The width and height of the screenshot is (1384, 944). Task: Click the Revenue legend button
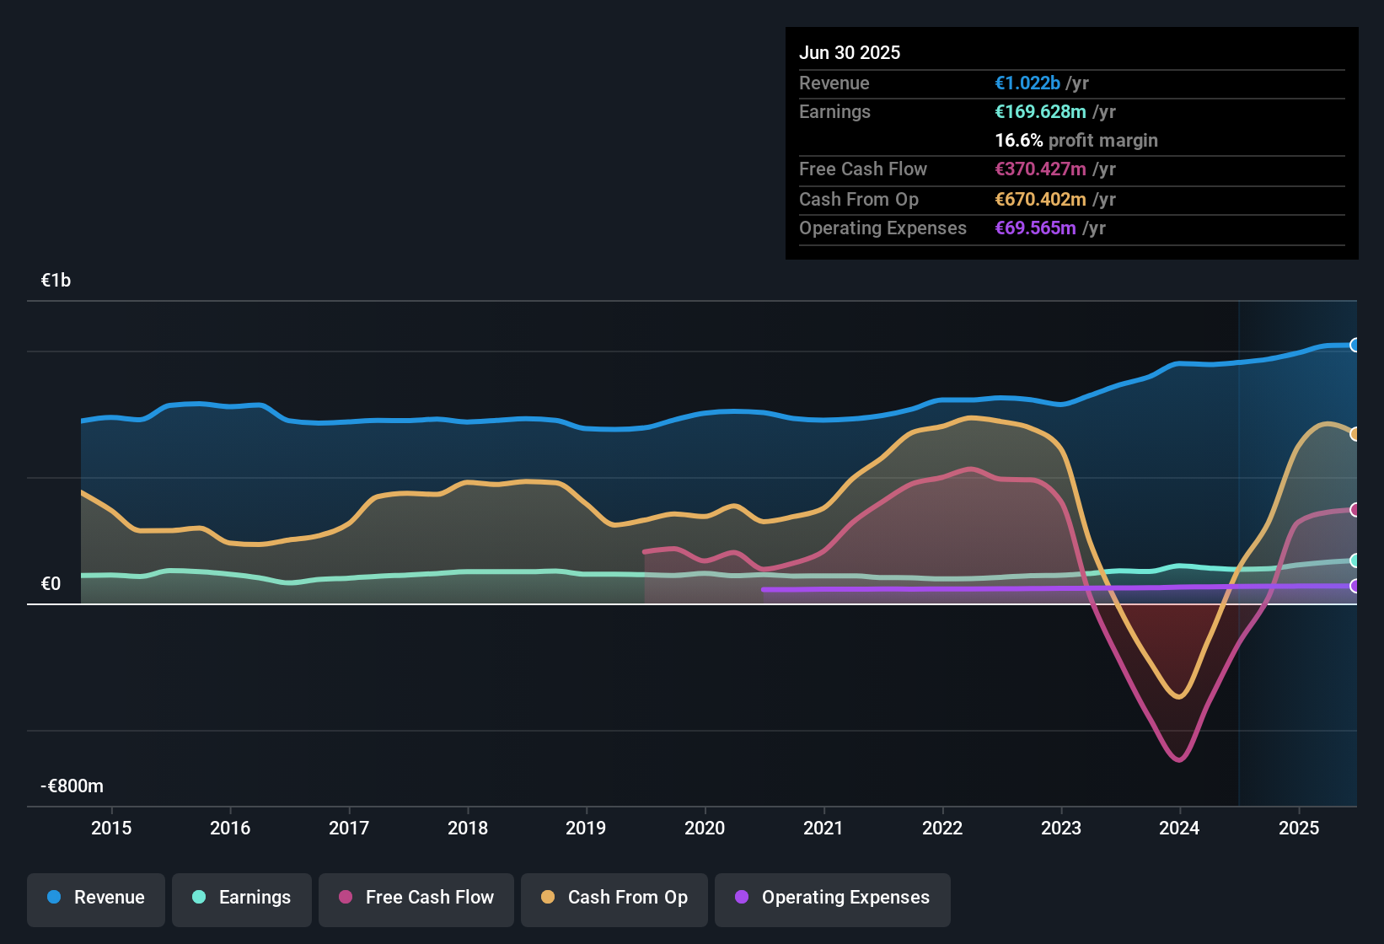coord(96,898)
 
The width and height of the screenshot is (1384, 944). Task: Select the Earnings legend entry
coord(242,898)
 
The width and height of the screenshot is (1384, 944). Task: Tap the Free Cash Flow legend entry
coord(416,898)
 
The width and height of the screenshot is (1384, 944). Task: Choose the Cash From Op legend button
coord(614,898)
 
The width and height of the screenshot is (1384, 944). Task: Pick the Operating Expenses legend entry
coord(833,898)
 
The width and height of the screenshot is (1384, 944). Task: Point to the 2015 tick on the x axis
coord(111,828)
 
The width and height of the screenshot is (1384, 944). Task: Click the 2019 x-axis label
coord(586,828)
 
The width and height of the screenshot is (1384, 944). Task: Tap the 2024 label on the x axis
coord(1179,828)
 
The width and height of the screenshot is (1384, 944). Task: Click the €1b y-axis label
coord(56,281)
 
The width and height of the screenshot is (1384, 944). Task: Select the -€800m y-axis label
coord(72,786)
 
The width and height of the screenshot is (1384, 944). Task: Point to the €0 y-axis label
coord(51,584)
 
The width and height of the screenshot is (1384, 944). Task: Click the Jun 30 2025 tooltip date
coord(850,52)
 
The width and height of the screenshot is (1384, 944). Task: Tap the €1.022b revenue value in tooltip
coord(1027,83)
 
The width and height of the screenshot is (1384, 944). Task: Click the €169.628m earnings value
coord(1040,111)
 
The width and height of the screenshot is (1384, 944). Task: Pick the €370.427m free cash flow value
coord(1040,169)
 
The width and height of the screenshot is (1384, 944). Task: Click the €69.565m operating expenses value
coord(1035,228)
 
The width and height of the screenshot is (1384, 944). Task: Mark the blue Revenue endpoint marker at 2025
coord(1354,345)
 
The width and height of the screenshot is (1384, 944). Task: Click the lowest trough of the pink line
coord(1178,760)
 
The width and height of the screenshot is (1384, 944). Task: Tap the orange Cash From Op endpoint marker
coord(1354,434)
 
